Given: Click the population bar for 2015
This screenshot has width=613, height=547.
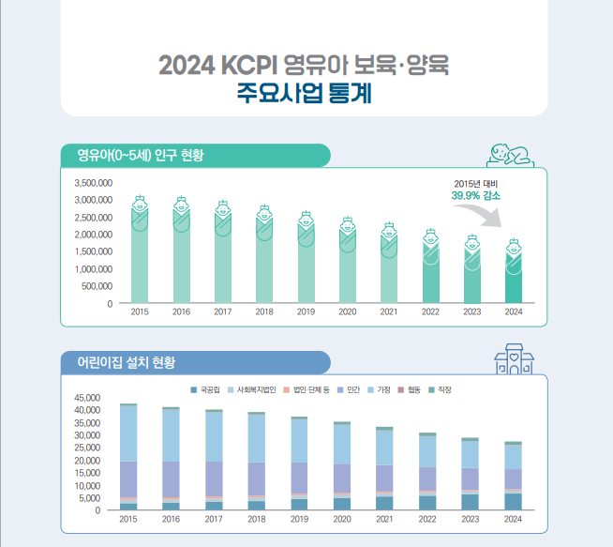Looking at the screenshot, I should click(x=140, y=258).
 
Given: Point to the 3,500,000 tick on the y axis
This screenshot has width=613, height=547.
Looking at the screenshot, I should click(x=93, y=183).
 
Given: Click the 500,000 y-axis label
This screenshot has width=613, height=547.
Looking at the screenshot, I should click(x=96, y=286).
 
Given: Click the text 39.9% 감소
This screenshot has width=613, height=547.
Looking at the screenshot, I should click(x=475, y=195).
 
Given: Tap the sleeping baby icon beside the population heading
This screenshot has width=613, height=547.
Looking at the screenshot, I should click(x=512, y=155).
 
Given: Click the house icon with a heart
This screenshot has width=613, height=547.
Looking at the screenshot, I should click(x=514, y=359).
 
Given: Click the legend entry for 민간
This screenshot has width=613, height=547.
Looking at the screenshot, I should click(x=350, y=388).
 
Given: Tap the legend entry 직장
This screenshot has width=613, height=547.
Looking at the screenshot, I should click(x=442, y=388).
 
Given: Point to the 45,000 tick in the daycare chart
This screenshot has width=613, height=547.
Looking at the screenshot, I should click(x=85, y=398).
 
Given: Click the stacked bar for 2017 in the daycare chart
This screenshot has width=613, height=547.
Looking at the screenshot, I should click(x=214, y=460).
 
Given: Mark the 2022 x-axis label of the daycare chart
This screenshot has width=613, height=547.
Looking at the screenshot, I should click(x=427, y=519).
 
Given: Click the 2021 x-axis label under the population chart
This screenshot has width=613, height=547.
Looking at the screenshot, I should click(x=388, y=311).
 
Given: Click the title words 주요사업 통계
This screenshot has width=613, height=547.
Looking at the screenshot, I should click(x=306, y=94).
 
